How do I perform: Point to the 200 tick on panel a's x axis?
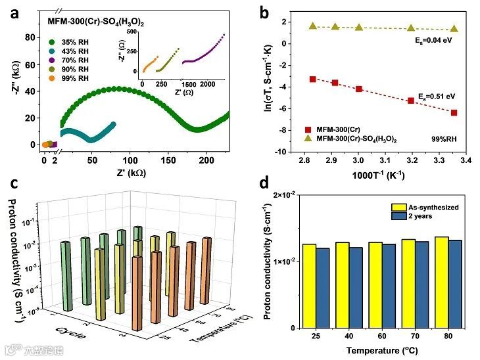[207, 158]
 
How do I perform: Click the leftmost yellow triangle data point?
[313, 26]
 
